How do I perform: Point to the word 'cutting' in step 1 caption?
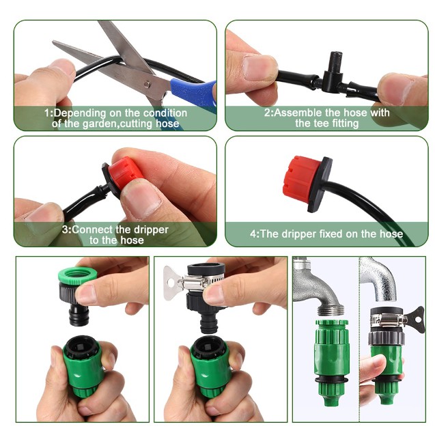click(x=144, y=124)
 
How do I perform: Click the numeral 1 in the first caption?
click(x=47, y=113)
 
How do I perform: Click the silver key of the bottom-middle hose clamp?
click(x=171, y=279)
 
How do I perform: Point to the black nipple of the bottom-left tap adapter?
click(x=74, y=314)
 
